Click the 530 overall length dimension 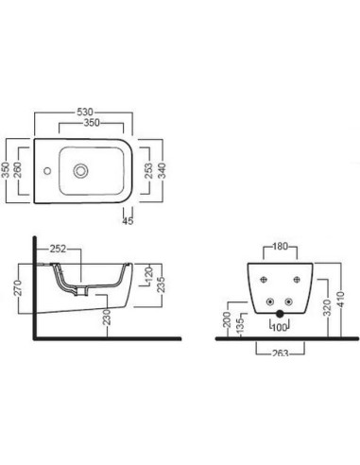pos(85,112)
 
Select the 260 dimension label pos(18,170)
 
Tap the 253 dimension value pos(148,171)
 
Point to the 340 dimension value pos(162,171)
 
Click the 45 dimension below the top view pos(128,221)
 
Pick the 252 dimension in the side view pos(59,249)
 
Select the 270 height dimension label pos(19,287)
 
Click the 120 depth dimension pos(149,274)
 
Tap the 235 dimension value pos(162,284)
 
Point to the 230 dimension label pos(108,317)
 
